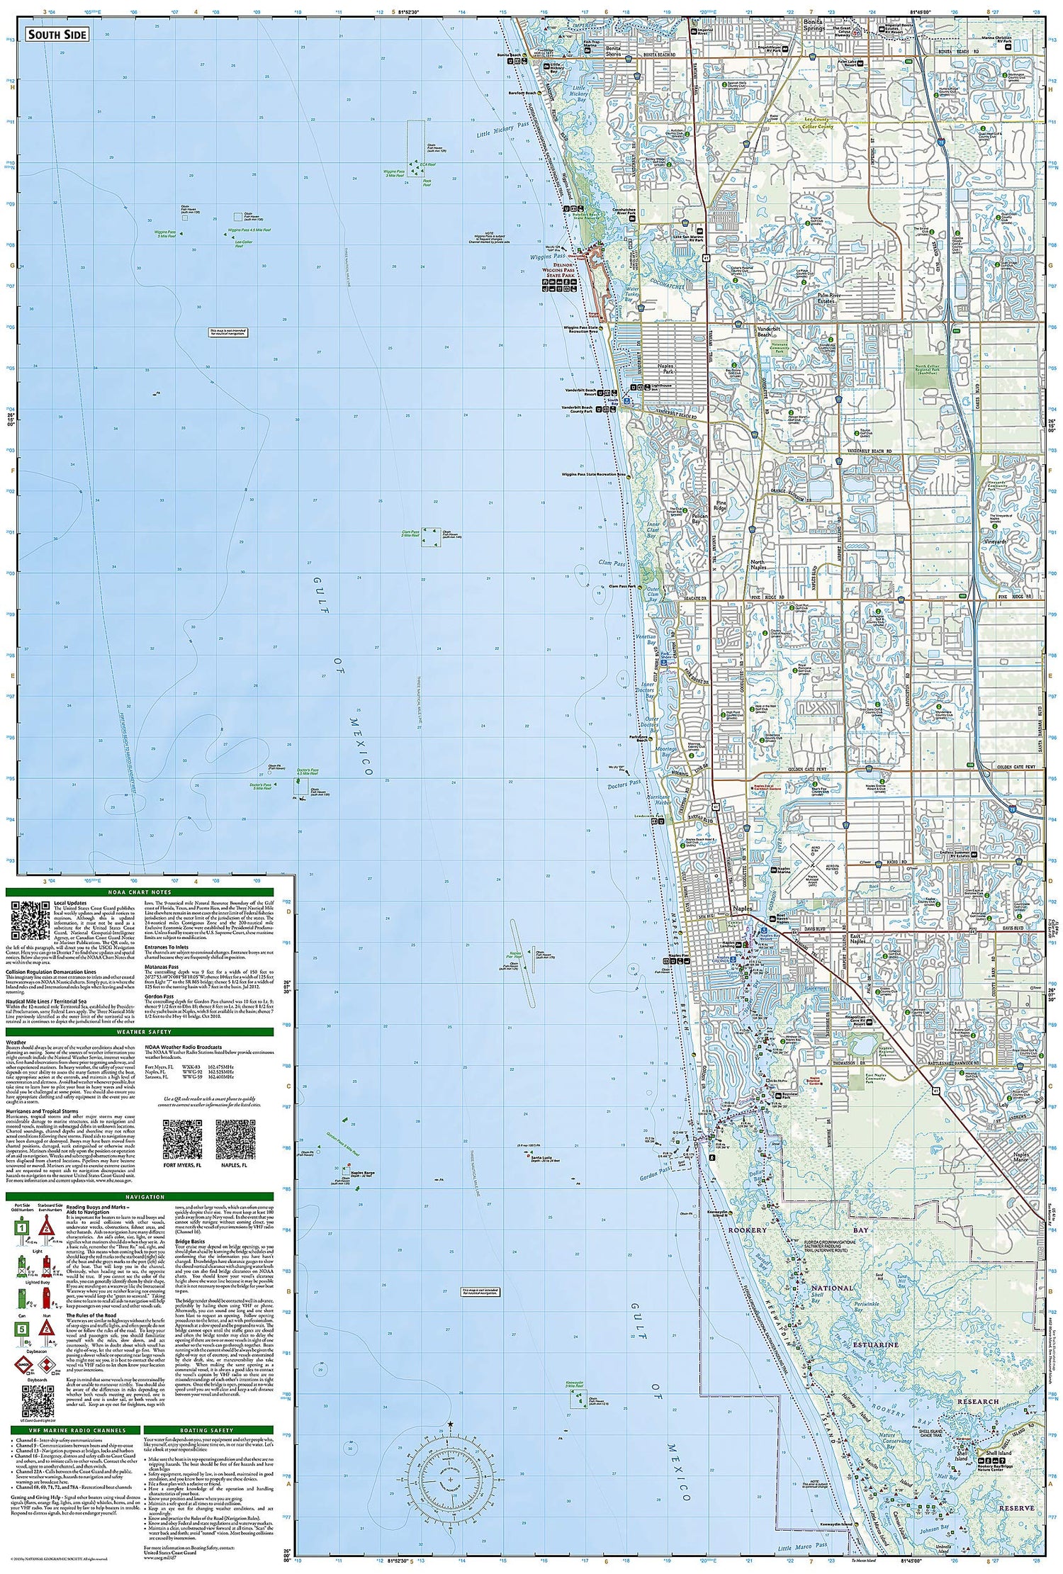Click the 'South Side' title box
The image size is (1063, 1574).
coord(57,35)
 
